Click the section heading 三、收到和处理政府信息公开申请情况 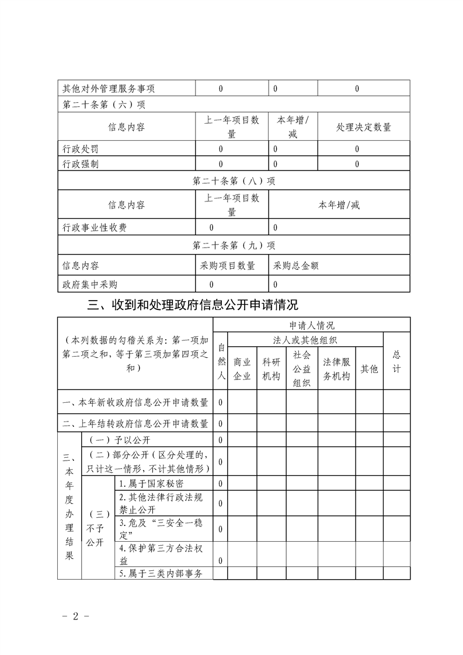[x=192, y=305]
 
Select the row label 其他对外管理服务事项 [x=109, y=89]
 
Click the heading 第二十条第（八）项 [x=234, y=181]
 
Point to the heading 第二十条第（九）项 [x=234, y=245]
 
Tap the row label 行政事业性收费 [x=95, y=227]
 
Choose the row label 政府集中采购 [x=90, y=284]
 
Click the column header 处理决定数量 [x=364, y=127]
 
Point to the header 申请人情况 [x=312, y=325]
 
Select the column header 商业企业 [x=242, y=369]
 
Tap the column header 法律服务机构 [x=336, y=369]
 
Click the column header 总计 [x=396, y=361]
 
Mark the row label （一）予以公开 [x=121, y=440]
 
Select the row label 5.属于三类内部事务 [x=160, y=574]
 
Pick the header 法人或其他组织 [x=305, y=340]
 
